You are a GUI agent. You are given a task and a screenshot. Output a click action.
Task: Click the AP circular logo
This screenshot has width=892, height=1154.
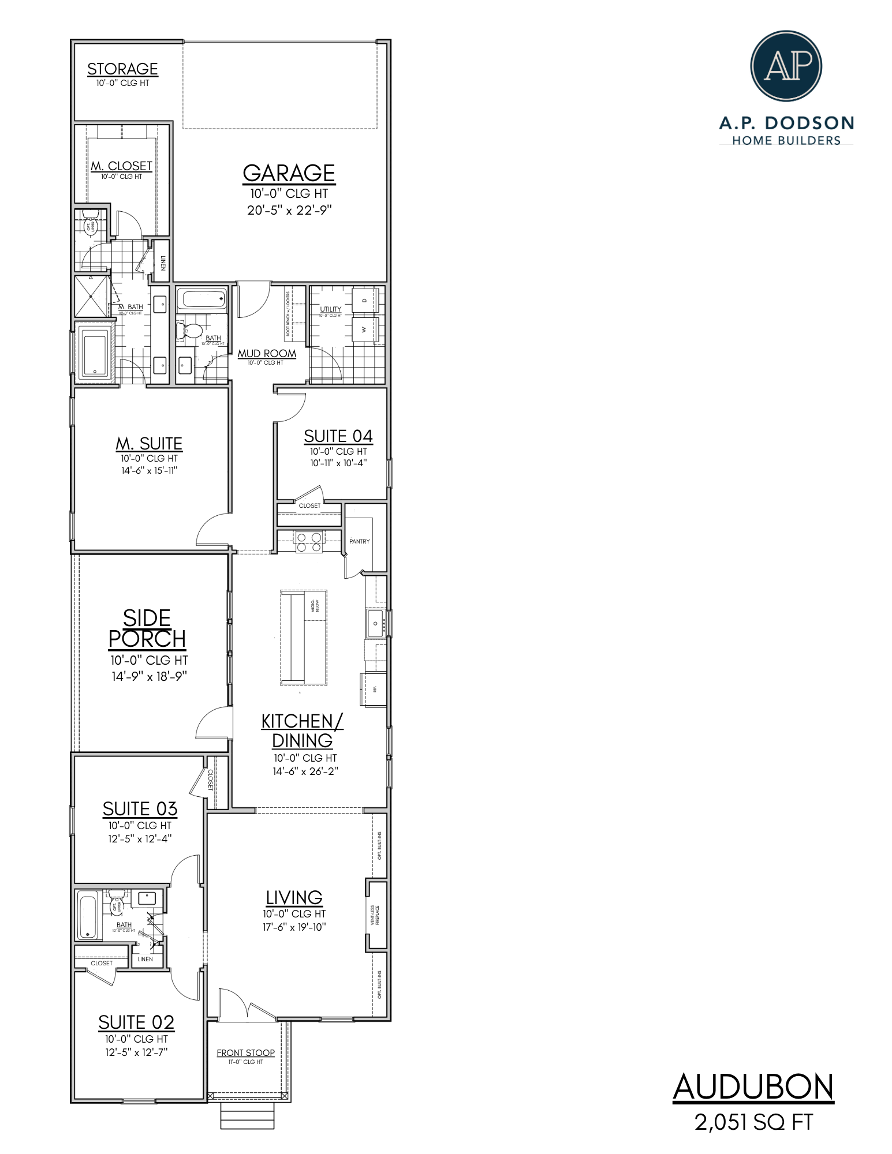click(786, 66)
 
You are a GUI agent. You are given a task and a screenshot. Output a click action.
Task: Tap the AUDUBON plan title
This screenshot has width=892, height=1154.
click(753, 1088)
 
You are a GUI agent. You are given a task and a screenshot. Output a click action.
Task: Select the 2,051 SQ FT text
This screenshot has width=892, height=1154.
click(753, 1122)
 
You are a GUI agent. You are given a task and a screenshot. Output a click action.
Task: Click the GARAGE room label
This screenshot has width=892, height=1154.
click(289, 173)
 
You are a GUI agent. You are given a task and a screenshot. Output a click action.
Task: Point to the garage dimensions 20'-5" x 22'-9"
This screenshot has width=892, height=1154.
click(289, 210)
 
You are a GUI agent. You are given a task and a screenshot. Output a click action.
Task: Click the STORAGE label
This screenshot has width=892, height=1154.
click(122, 69)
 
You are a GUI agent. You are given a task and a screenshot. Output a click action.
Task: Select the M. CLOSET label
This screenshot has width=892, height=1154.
click(121, 166)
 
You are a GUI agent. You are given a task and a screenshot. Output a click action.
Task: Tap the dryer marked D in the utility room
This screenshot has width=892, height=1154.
click(364, 301)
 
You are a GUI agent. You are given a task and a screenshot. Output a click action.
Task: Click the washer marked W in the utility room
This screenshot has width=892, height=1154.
click(364, 329)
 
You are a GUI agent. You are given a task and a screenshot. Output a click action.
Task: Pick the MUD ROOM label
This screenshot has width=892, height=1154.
click(267, 354)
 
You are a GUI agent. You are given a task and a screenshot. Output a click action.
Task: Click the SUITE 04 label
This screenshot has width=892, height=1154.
click(338, 436)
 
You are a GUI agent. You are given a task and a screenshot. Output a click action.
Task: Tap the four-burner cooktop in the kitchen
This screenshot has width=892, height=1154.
click(309, 542)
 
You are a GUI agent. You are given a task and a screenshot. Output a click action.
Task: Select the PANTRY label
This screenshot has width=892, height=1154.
click(359, 541)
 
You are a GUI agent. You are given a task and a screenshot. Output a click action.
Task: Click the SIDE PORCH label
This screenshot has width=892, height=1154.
click(147, 629)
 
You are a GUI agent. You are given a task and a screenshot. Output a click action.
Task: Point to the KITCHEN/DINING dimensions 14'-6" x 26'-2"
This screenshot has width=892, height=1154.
click(305, 771)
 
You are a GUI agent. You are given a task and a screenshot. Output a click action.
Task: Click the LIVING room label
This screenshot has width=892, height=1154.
click(294, 897)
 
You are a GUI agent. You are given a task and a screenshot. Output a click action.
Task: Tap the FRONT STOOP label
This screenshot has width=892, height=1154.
click(245, 1053)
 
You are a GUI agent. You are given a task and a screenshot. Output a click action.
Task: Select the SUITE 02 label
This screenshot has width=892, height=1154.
click(136, 1022)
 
